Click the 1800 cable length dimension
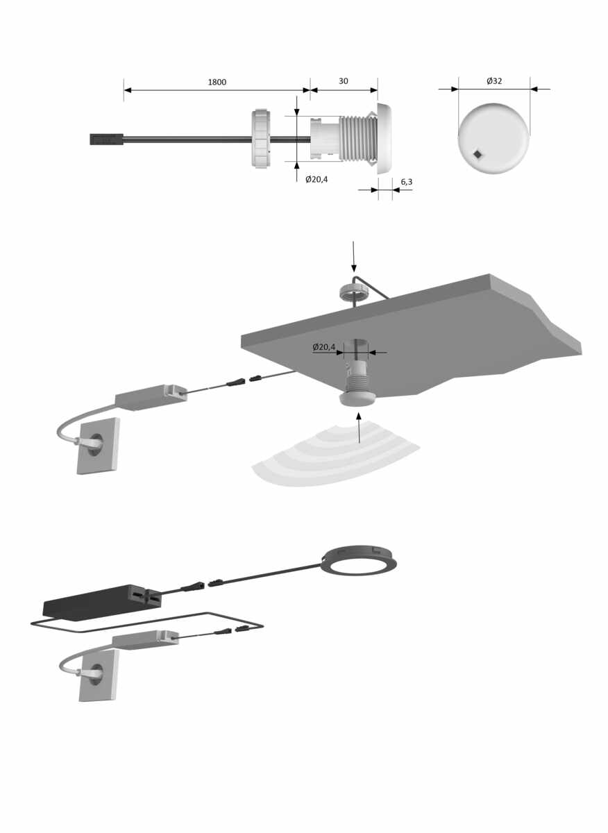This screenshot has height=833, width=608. (x=217, y=82)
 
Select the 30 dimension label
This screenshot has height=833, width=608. (x=344, y=81)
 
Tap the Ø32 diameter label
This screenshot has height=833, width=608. (x=494, y=81)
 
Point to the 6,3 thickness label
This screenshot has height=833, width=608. (x=407, y=182)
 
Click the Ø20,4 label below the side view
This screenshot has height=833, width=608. (x=316, y=180)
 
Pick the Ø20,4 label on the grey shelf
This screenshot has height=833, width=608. (x=323, y=347)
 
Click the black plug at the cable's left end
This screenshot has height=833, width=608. (x=107, y=140)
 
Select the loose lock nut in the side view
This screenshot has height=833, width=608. (x=261, y=138)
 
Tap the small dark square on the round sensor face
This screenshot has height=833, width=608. (x=478, y=154)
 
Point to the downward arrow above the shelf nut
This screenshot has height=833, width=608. (x=354, y=257)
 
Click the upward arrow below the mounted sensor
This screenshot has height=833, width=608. (x=359, y=428)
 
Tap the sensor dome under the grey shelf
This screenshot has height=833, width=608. (x=358, y=400)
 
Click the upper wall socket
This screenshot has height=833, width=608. (x=98, y=446)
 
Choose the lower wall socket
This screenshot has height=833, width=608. (x=99, y=680)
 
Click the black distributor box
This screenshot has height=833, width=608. (x=103, y=601)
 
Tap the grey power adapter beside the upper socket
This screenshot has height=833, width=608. (x=151, y=398)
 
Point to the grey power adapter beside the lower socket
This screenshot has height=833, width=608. (x=145, y=640)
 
